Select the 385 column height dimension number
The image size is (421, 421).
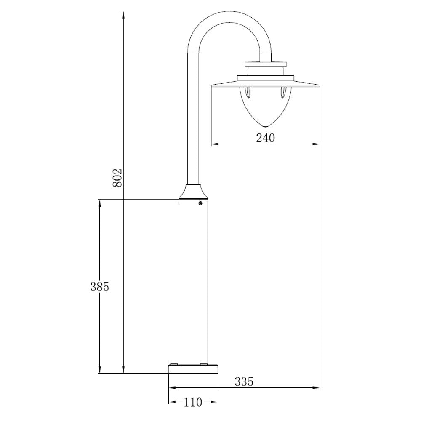click(x=100, y=287)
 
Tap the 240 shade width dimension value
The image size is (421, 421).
click(x=265, y=138)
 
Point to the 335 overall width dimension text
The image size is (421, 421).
click(x=244, y=382)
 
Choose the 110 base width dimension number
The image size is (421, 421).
click(x=193, y=402)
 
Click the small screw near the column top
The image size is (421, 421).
click(x=200, y=204)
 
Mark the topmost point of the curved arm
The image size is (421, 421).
click(x=229, y=12)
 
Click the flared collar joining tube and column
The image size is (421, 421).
click(x=193, y=192)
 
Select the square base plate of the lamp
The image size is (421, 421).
click(x=193, y=369)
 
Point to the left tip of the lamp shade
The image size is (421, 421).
click(x=211, y=85)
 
